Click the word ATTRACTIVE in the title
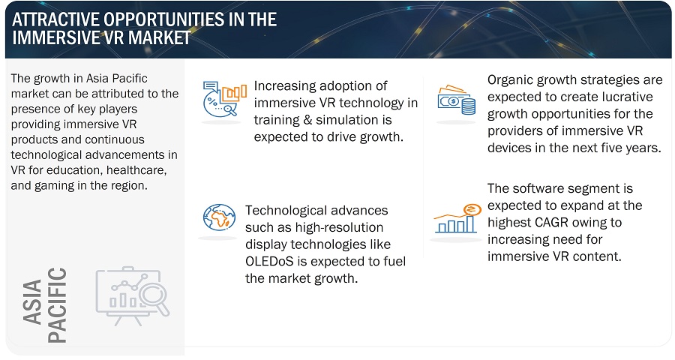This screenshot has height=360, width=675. coord(55,19)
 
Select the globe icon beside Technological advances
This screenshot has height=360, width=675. coord(219,217)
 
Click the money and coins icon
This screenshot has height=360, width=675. coord(456,100)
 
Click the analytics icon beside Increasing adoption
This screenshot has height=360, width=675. coord(224,98)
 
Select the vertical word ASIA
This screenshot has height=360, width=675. coord(32,301)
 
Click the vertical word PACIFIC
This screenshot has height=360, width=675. coord(57,305)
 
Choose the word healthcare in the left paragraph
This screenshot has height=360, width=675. coord(136,170)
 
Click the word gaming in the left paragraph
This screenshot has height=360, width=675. coord(58,186)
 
